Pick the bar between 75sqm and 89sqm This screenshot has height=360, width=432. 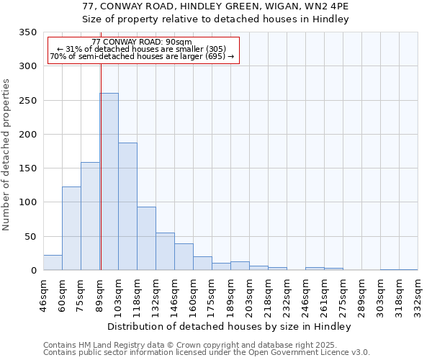(90, 216)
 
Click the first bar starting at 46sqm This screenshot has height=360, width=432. (53, 263)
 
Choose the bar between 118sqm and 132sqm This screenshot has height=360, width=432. (146, 238)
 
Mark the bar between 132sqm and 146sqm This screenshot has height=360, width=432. (165, 251)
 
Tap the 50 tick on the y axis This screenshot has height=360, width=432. (30, 236)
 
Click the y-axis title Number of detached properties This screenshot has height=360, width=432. (6, 155)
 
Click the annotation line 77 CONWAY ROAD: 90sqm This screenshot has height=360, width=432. (142, 42)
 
